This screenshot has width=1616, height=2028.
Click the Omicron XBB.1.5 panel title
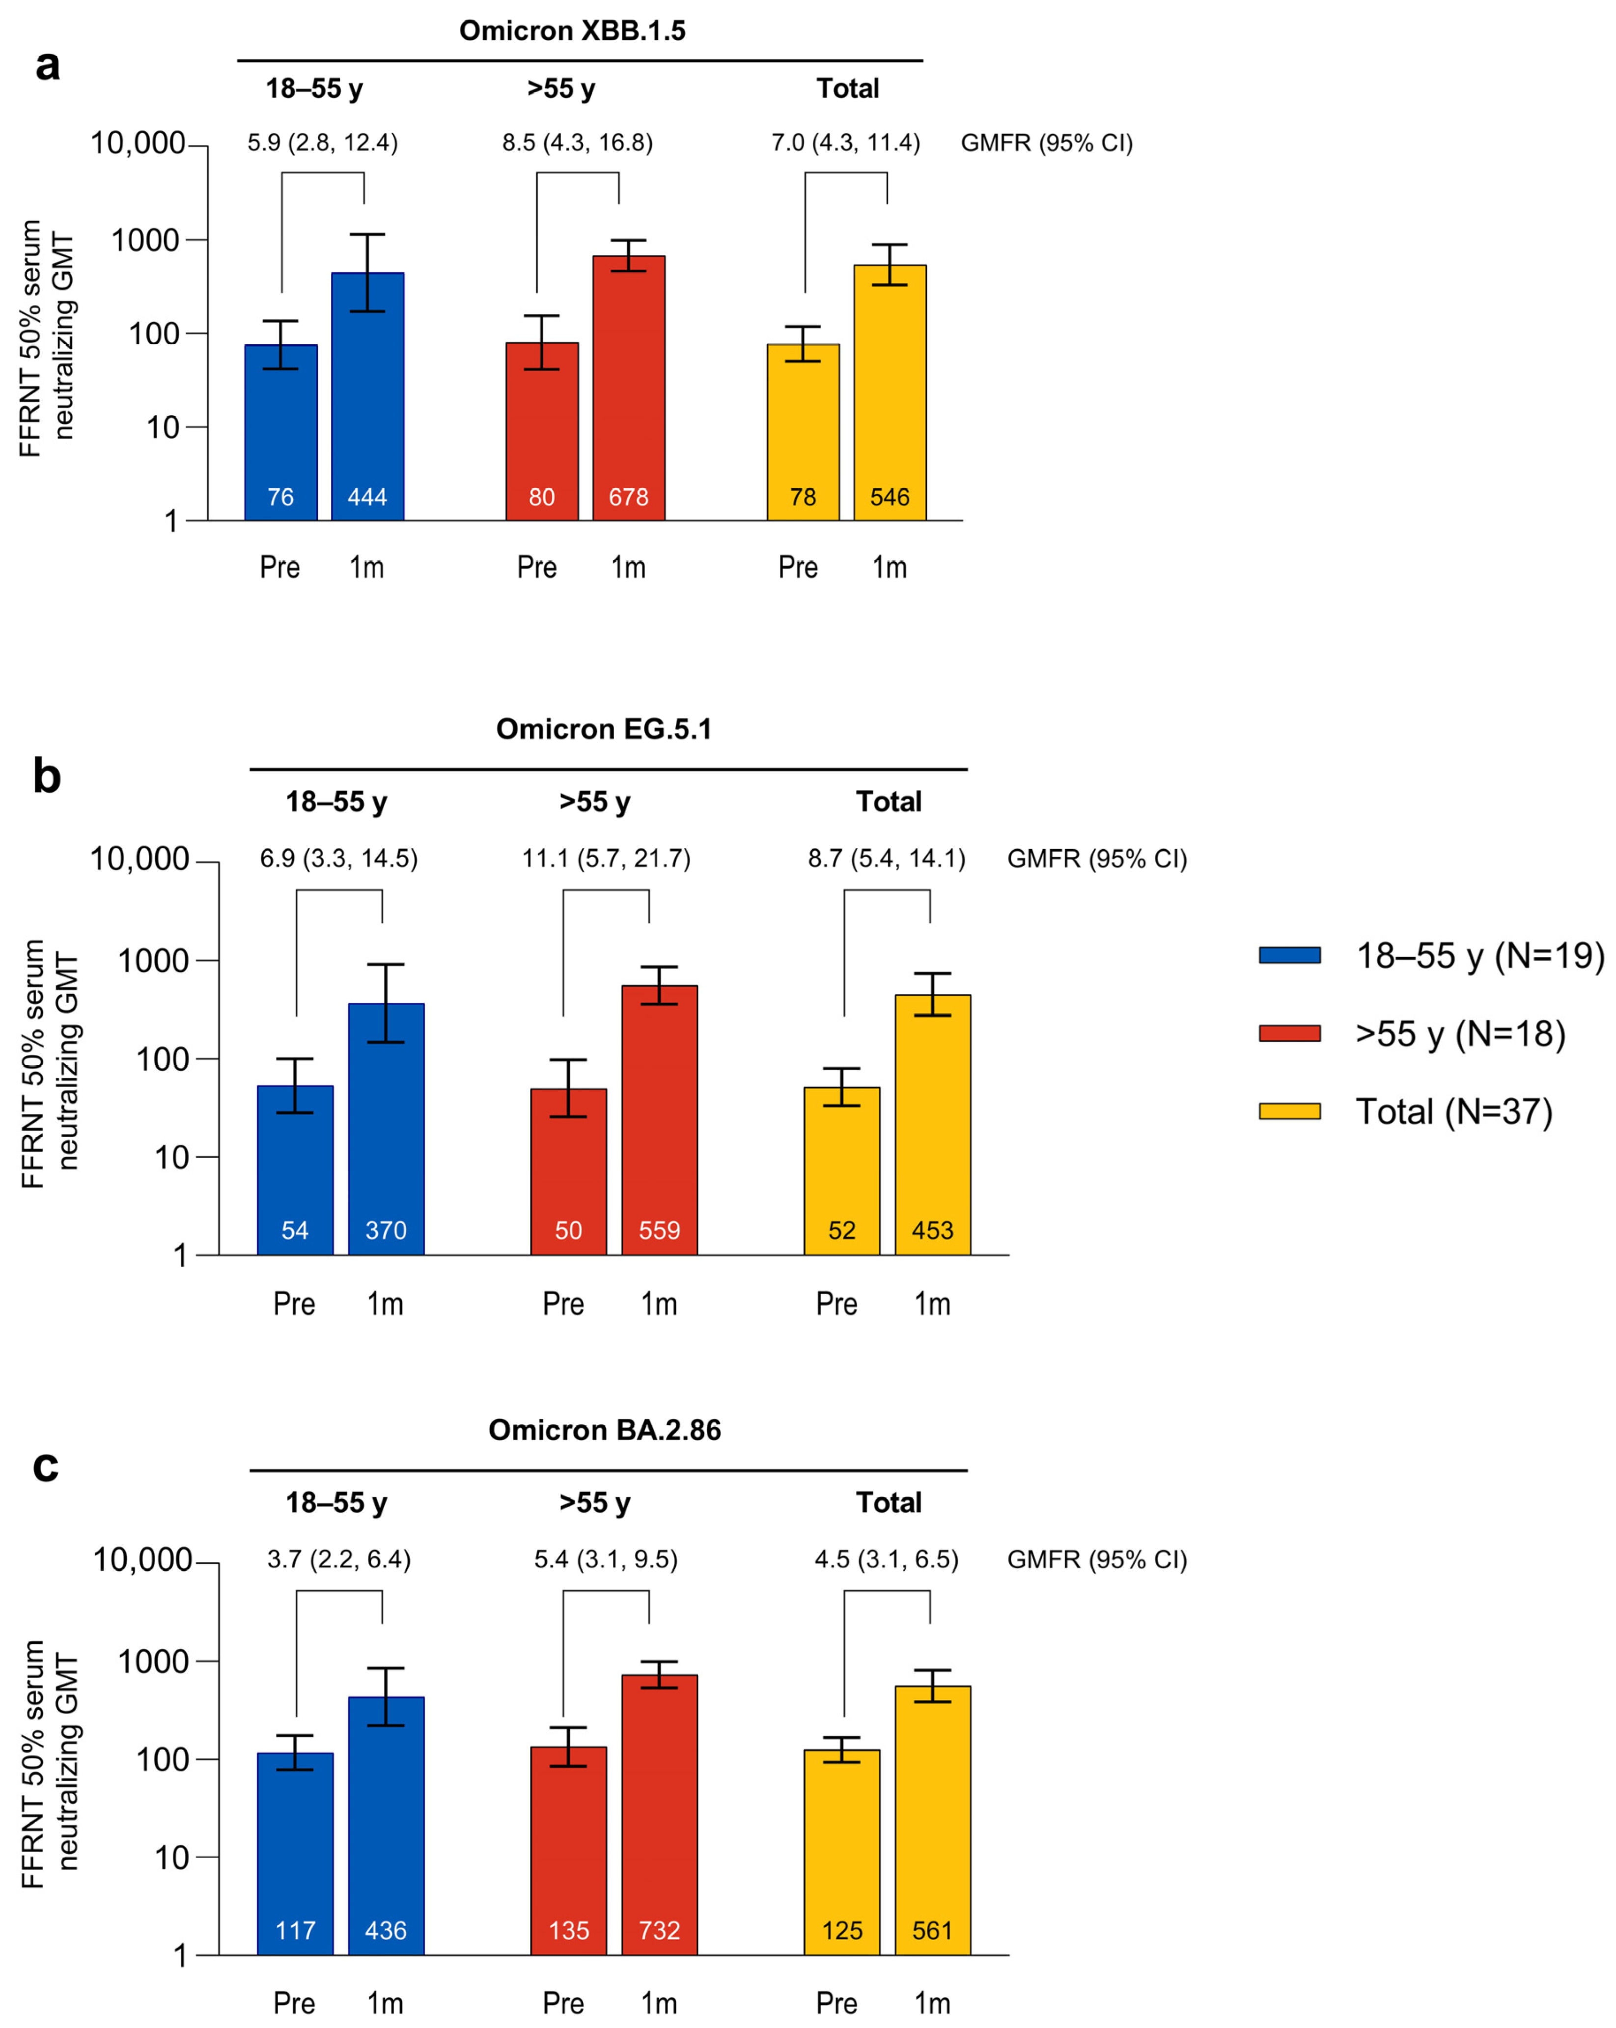(572, 31)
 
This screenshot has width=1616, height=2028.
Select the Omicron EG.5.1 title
(603, 729)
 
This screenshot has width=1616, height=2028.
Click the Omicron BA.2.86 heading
(604, 1430)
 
